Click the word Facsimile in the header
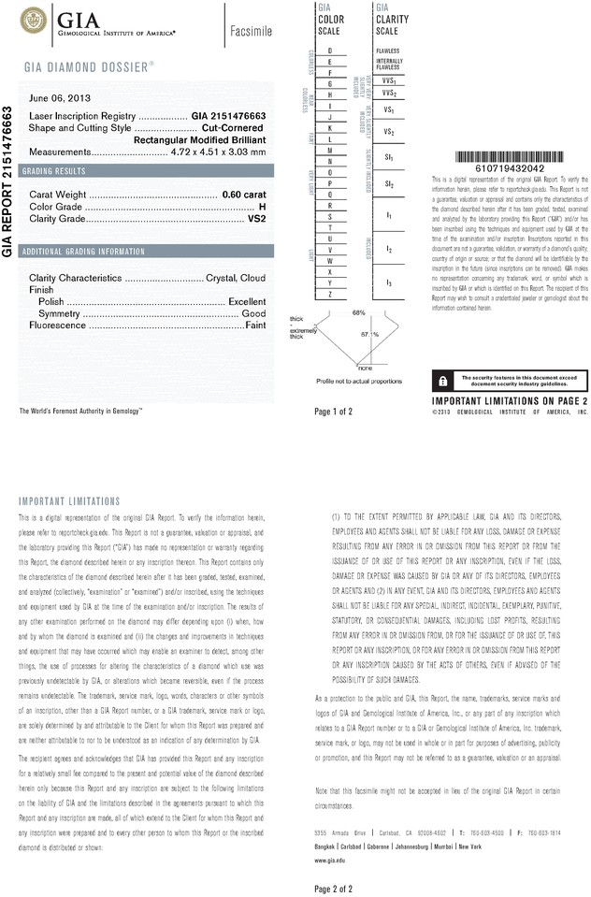coord(251,32)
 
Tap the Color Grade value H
coord(262,206)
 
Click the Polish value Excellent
coord(247,302)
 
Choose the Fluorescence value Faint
coord(255,326)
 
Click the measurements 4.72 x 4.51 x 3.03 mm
coord(213,152)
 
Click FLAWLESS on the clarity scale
coord(387,50)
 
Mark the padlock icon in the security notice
coord(441,380)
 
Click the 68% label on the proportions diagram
coord(358,311)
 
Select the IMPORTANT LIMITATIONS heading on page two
coord(70,501)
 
